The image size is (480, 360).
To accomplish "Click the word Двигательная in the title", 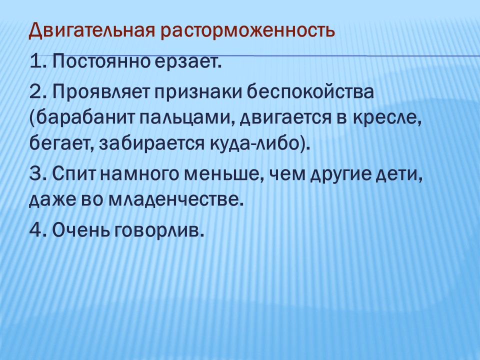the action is pos(91,31).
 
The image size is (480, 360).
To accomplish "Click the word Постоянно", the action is pos(101,61).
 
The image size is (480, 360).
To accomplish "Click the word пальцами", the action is pos(186,119).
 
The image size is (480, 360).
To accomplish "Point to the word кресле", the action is pos(387,118).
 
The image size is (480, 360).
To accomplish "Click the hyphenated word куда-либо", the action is pos(259,143).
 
